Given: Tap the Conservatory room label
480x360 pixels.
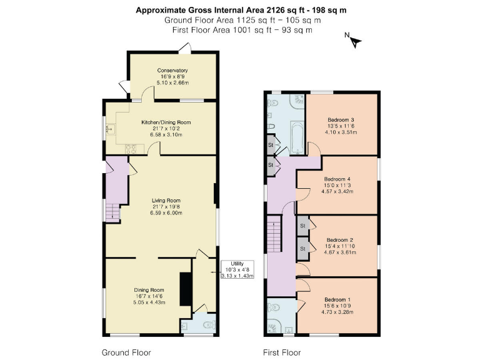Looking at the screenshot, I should pyautogui.click(x=172, y=71).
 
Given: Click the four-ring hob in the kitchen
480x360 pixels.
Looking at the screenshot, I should pyautogui.click(x=132, y=149).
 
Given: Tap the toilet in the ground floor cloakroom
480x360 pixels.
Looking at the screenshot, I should pyautogui.click(x=209, y=325).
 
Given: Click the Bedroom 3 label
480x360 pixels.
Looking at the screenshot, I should pyautogui.click(x=341, y=120).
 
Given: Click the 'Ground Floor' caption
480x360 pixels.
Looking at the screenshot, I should pyautogui.click(x=126, y=352).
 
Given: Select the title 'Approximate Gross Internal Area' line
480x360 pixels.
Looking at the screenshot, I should pyautogui.click(x=241, y=10).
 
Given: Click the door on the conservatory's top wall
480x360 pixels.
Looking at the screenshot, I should pyautogui.click(x=184, y=47).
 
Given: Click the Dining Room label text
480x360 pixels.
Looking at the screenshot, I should pyautogui.click(x=149, y=290).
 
